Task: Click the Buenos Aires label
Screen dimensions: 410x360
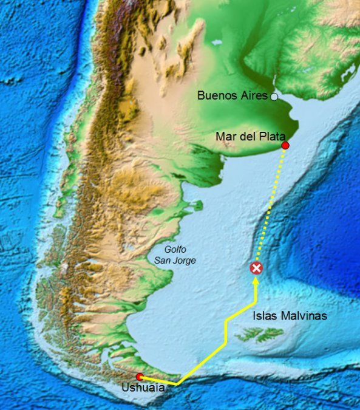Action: click(233, 96)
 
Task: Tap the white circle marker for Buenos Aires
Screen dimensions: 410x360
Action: click(274, 97)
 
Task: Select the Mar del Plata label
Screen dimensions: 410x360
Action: click(251, 136)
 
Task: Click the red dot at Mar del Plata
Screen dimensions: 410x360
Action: click(285, 146)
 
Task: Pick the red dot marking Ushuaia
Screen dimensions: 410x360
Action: click(140, 377)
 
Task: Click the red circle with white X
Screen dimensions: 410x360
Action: click(257, 268)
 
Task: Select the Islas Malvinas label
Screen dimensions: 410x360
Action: click(290, 316)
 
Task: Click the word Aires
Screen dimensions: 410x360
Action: click(255, 96)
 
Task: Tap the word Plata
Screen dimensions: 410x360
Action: click(272, 136)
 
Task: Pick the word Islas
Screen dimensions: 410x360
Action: click(263, 316)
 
